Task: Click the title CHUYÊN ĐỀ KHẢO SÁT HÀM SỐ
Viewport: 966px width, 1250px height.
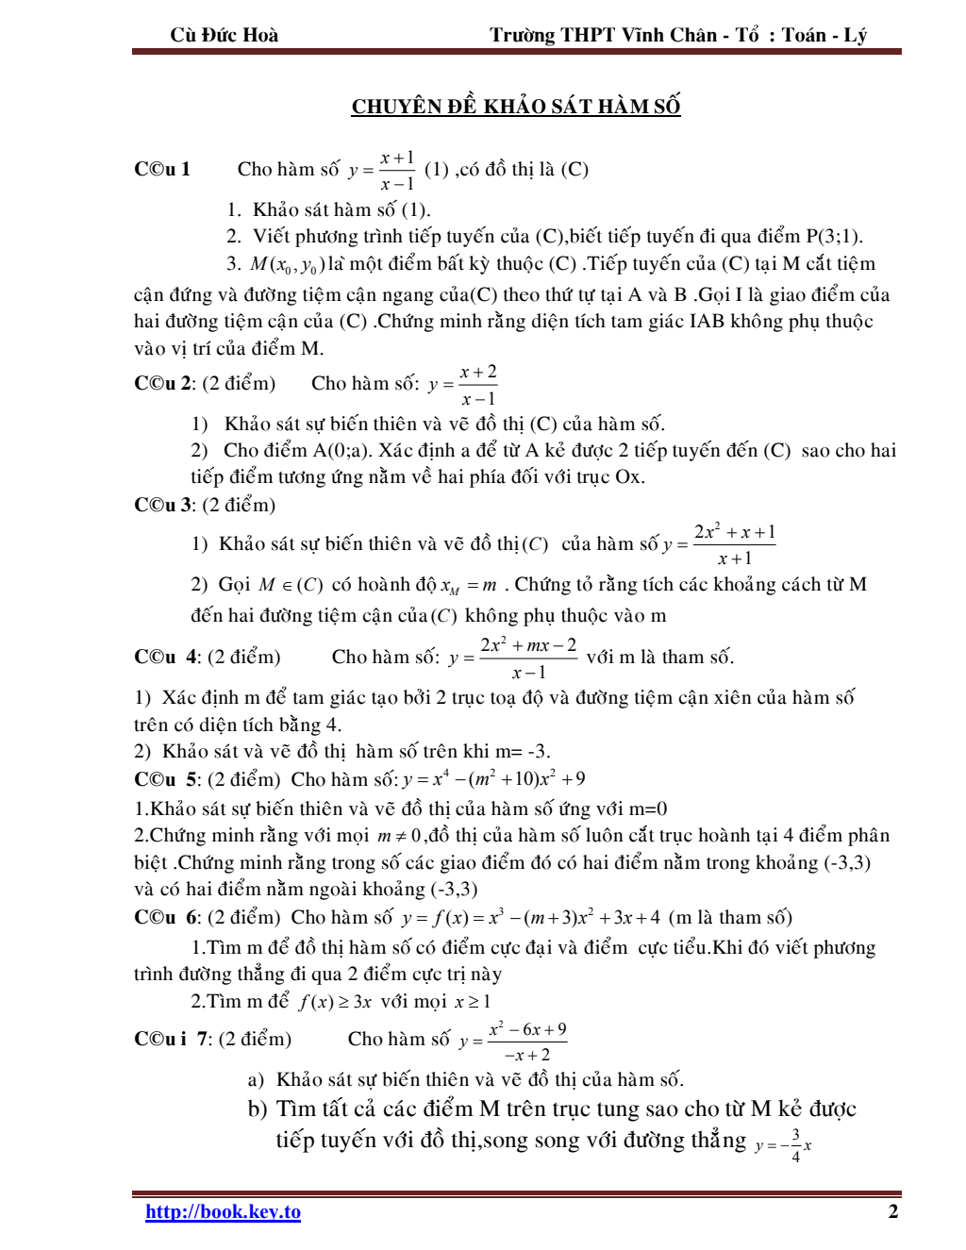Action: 516,107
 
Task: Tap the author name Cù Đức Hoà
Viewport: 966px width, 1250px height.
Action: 225,36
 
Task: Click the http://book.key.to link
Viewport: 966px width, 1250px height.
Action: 223,1212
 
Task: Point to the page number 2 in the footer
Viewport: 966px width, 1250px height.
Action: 892,1212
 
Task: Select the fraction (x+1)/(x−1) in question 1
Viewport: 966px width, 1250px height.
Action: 397,171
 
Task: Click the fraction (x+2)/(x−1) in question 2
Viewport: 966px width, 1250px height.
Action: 478,385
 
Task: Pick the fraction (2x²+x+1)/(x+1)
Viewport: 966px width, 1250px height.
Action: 735,544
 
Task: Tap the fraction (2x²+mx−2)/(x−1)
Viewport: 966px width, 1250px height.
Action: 528,658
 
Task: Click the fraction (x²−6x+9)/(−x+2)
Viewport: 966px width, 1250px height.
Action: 527,1042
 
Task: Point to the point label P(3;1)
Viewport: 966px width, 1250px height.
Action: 833,237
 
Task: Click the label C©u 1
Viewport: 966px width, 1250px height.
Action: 162,170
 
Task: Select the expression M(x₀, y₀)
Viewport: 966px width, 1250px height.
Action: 287,265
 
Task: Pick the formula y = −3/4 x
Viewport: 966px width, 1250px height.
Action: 783,1144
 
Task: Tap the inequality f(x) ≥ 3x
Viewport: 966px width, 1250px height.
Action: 335,1002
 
